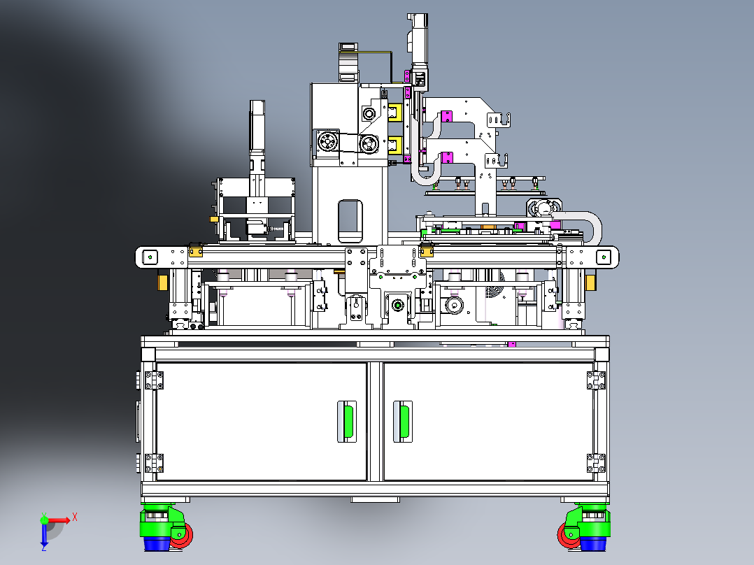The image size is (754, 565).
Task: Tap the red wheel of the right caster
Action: point(568,535)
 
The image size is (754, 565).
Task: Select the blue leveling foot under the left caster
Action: point(157,544)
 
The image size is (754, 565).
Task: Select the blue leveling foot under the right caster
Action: point(593,544)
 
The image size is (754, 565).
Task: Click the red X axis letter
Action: point(75,517)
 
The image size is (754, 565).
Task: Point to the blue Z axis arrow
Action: point(44,536)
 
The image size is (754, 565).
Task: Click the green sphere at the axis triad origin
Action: point(44,520)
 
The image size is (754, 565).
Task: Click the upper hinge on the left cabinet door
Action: point(154,380)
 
